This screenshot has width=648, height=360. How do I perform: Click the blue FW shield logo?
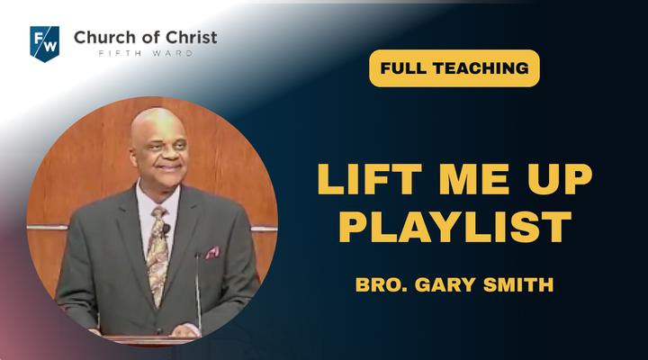point(45,44)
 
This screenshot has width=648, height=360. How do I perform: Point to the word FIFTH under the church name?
point(114,53)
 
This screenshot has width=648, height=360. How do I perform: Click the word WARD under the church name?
point(173,53)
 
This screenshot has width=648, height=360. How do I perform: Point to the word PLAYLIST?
point(455,227)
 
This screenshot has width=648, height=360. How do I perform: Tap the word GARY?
point(445,284)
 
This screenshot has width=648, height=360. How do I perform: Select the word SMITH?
point(518,284)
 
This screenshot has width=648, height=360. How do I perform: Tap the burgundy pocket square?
point(213,252)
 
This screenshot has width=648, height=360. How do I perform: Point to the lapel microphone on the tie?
point(166,229)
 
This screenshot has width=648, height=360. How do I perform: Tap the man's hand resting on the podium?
point(185,329)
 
